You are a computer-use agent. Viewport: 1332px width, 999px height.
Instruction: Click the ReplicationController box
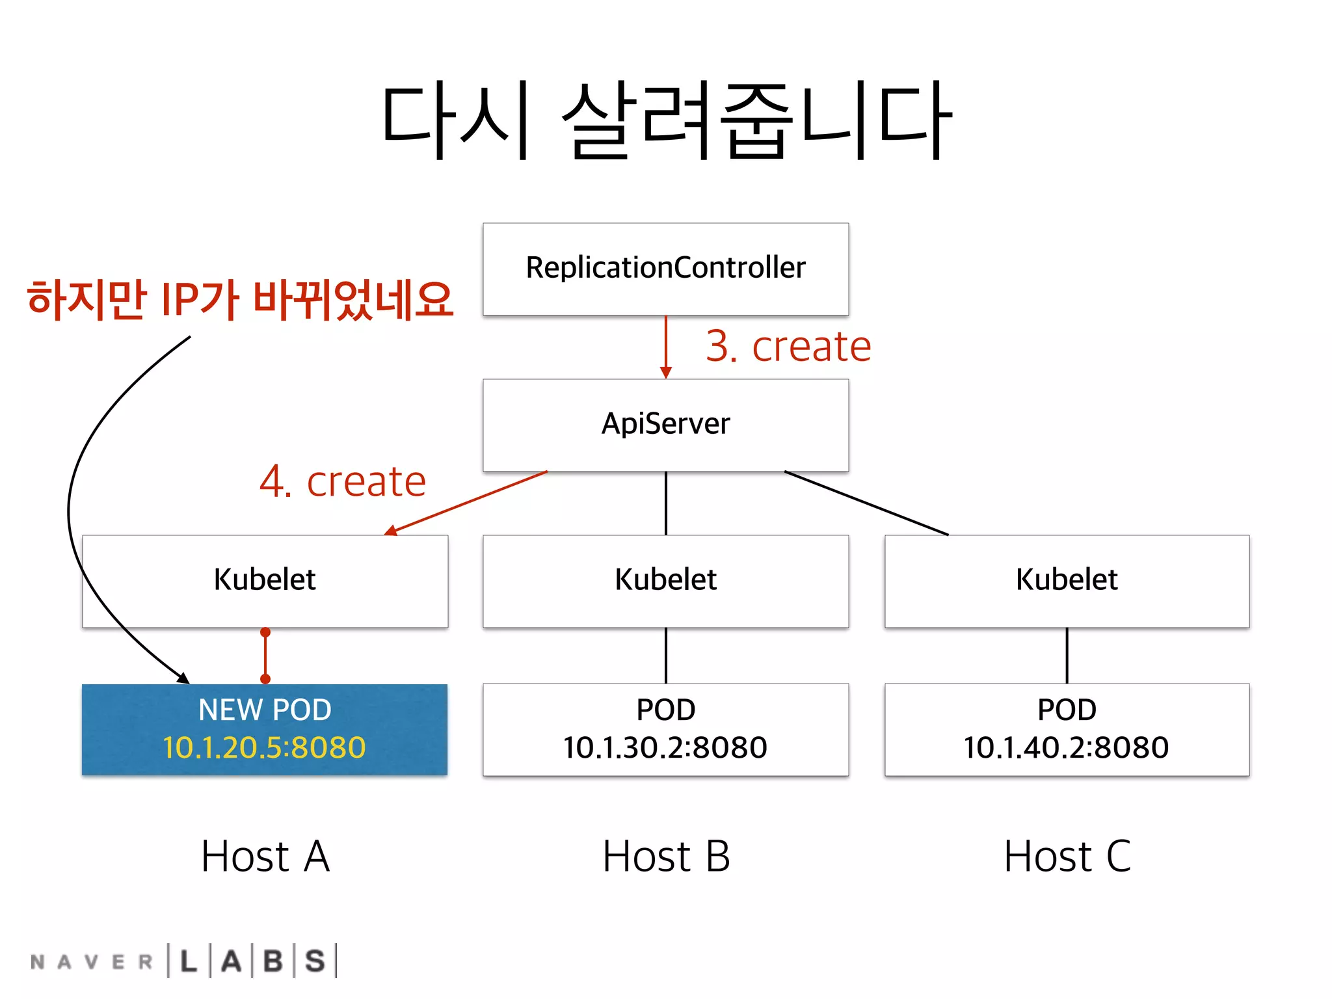(665, 269)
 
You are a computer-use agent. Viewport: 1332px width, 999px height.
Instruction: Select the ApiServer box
(665, 425)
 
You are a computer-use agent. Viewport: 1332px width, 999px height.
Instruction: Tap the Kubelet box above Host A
(265, 580)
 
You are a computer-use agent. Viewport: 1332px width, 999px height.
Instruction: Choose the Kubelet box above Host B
(665, 580)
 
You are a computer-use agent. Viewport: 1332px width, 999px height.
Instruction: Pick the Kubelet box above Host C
(1067, 580)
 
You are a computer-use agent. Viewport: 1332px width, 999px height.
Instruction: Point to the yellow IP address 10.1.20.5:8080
(265, 748)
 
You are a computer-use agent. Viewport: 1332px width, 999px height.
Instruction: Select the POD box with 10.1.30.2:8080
(665, 728)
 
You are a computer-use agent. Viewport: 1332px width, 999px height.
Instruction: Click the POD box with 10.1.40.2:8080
(1067, 728)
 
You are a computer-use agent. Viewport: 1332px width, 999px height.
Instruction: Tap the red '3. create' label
(788, 346)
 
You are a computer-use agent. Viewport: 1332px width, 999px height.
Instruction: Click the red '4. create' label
(343, 482)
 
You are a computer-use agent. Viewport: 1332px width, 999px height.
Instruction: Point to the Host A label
(265, 857)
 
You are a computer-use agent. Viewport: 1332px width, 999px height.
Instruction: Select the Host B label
(666, 857)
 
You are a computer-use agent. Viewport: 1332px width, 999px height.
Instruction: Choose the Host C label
(1067, 857)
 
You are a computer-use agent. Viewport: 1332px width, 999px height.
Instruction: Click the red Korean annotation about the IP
(240, 300)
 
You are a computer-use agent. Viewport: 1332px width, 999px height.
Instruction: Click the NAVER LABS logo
(184, 961)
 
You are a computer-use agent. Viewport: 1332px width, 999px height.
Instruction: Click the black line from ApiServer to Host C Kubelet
(866, 503)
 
